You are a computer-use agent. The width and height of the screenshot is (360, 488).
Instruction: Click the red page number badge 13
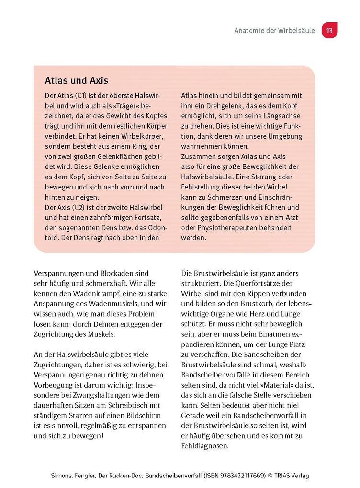(x=329, y=31)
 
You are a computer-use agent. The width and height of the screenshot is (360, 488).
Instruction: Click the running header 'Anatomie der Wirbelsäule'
(x=274, y=31)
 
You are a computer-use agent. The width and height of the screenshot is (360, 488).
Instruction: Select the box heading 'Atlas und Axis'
(x=76, y=80)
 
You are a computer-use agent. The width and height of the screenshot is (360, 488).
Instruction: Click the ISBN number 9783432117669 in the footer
(x=238, y=476)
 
